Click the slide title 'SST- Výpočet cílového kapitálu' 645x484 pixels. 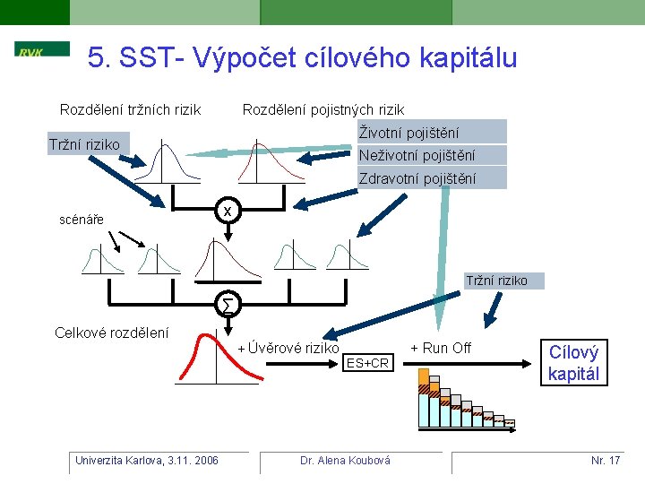[303, 58]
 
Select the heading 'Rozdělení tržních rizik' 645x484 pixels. [130, 110]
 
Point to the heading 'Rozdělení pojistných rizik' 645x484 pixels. [323, 110]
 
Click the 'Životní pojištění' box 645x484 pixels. [432, 132]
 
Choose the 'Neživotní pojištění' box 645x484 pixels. [432, 155]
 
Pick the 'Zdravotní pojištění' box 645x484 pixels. [432, 178]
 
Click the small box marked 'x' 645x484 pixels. [228, 212]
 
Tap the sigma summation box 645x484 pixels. [228, 306]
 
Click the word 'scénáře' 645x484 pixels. [81, 219]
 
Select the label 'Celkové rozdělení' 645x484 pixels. [111, 333]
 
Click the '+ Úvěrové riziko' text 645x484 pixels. [288, 348]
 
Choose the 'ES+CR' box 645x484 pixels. [367, 363]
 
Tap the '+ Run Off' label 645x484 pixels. [441, 348]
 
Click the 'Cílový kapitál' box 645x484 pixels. [573, 363]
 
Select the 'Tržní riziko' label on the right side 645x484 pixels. [497, 281]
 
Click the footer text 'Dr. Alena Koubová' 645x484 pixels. [345, 461]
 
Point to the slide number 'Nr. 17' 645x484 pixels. [606, 461]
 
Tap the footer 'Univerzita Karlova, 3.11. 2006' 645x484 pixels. [147, 461]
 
